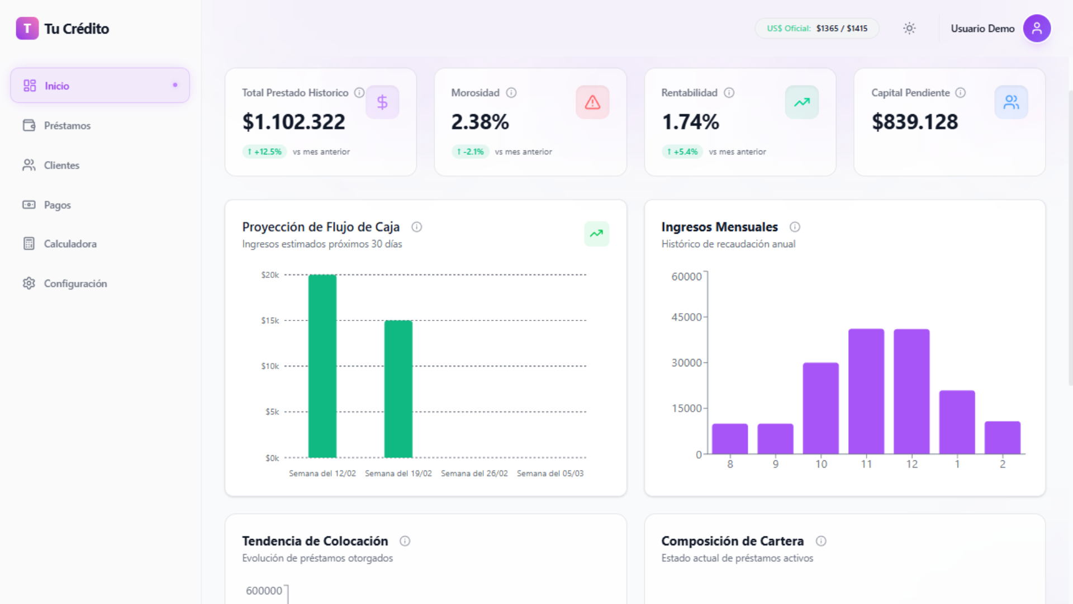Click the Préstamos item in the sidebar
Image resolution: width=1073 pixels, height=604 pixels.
point(67,126)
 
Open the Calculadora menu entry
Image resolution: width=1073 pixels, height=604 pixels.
point(70,244)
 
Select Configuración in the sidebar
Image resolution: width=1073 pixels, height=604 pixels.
point(75,284)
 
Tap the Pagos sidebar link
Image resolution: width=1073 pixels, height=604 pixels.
point(57,205)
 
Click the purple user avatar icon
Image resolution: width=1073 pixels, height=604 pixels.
point(1037,29)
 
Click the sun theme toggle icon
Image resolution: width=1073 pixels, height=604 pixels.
point(909,29)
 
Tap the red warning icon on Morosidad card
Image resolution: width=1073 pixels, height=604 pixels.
point(592,102)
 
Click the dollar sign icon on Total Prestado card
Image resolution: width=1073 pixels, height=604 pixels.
point(382,102)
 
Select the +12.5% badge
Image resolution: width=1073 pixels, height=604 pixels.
point(264,152)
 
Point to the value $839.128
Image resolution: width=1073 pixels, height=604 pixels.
point(915,122)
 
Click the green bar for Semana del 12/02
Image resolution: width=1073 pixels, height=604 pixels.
point(322,366)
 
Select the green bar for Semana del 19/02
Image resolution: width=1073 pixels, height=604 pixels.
point(398,389)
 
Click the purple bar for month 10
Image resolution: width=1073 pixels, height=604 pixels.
point(820,408)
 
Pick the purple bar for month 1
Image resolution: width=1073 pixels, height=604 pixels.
point(957,422)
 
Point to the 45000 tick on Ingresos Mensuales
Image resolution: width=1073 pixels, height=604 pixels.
point(686,317)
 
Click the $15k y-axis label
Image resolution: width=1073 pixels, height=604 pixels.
point(270,320)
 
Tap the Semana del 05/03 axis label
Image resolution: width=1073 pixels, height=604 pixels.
point(550,474)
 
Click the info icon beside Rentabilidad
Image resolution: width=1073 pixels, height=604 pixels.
point(729,93)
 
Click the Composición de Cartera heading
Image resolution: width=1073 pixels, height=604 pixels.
point(732,541)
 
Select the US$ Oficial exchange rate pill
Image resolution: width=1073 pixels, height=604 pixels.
point(816,29)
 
